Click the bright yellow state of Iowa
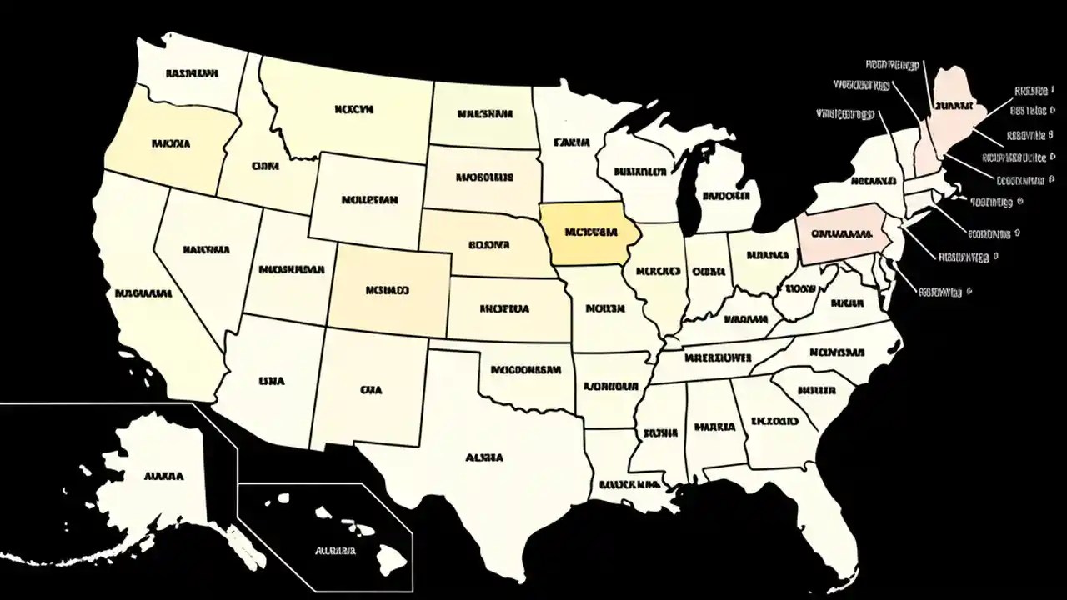coord(588,232)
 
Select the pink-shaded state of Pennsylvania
coord(842,232)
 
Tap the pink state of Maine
coord(957,104)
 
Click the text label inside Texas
coord(484,457)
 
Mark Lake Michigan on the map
coord(689,192)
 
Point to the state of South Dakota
coord(483,178)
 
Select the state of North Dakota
coord(483,114)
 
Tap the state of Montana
coord(354,108)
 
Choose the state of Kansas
coord(505,309)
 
